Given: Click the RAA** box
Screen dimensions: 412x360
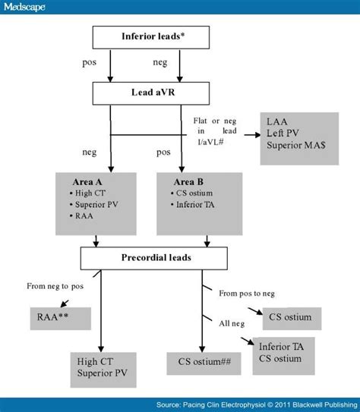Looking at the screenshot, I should click(60, 317).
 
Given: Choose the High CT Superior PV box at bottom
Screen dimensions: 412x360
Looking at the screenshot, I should click(101, 366).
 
